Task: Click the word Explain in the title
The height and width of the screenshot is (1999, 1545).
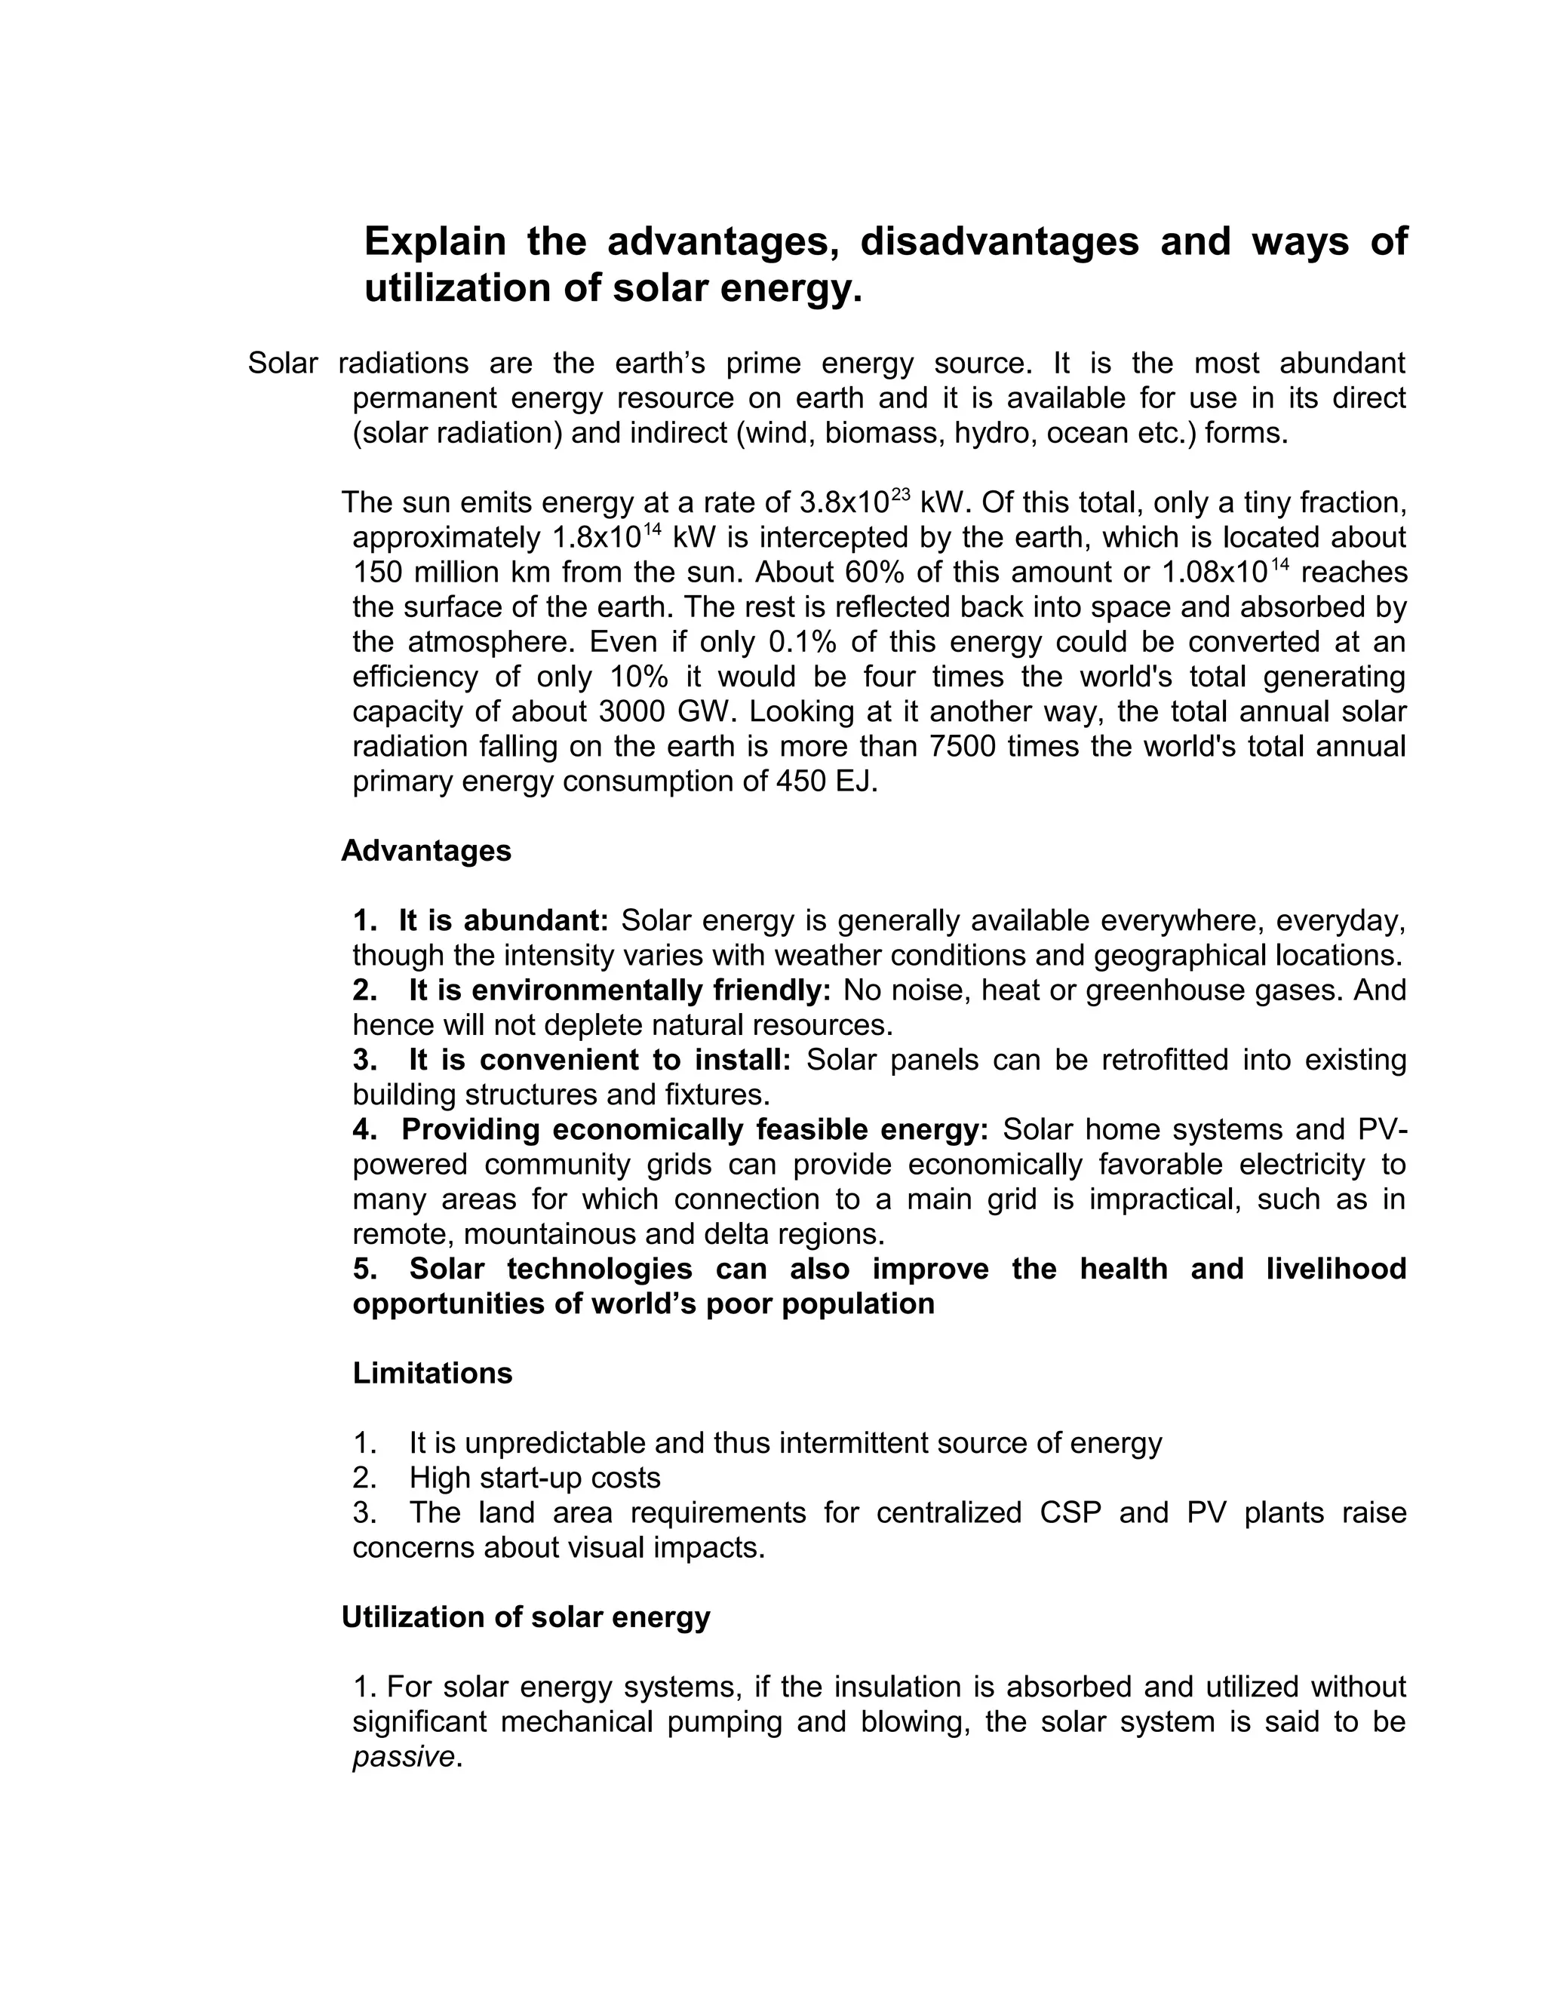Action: pos(435,241)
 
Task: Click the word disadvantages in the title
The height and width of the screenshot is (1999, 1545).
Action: pos(1000,241)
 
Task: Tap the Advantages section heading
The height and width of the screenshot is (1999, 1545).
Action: pos(425,851)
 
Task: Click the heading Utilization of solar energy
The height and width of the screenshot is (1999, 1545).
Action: pos(525,1617)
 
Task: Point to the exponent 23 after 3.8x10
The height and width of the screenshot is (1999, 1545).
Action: pos(900,494)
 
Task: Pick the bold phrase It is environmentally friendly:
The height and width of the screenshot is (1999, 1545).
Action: pos(619,990)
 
